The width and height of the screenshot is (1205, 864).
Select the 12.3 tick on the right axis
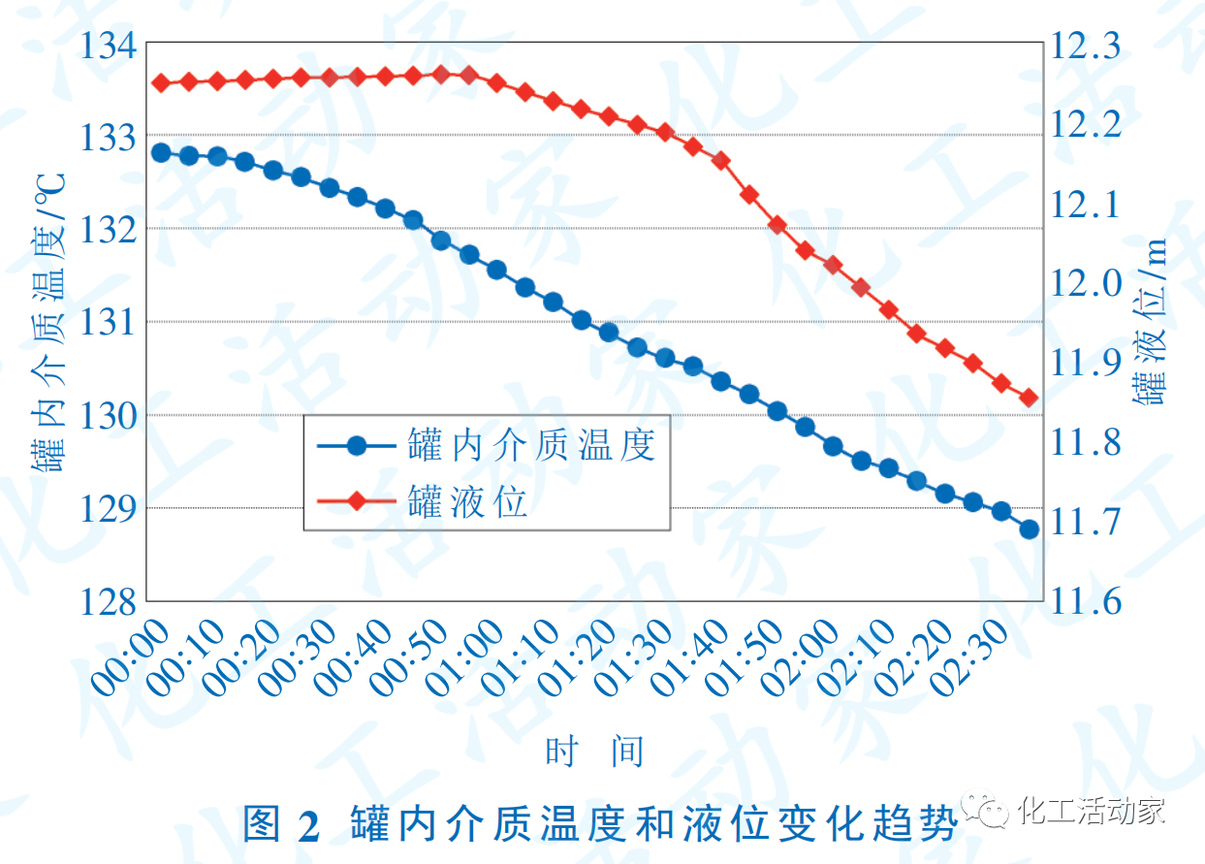click(1086, 46)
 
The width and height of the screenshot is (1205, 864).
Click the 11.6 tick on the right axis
click(1086, 602)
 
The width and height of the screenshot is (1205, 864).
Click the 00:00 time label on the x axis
click(131, 659)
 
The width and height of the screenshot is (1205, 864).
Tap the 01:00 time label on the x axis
click(467, 659)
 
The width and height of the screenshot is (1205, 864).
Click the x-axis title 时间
click(594, 752)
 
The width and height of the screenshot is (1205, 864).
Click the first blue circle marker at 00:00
click(161, 152)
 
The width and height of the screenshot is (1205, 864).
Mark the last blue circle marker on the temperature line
click(1029, 529)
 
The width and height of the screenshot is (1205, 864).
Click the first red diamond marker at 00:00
click(161, 83)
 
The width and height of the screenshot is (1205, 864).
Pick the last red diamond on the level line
click(1029, 399)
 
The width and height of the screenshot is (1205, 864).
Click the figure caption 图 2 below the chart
click(280, 825)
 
